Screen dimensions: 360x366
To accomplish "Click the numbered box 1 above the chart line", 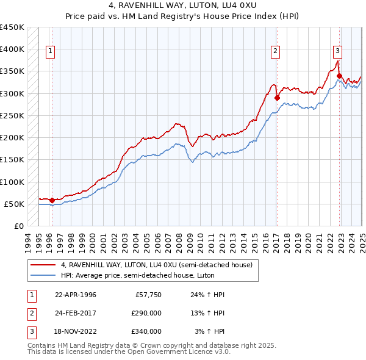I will (49, 51).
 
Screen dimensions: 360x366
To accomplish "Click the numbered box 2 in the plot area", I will (276, 51).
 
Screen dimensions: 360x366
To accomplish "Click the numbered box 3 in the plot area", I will (337, 51).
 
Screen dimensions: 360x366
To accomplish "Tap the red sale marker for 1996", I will (52, 200).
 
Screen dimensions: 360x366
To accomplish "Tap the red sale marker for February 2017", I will (277, 98).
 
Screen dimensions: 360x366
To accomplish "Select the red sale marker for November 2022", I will (339, 76).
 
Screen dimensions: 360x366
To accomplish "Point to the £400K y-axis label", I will (12, 49).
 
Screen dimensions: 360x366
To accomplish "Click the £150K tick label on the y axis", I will (12, 159).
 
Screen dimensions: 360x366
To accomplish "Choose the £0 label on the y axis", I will (18, 226).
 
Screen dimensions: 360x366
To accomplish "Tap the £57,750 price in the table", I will (146, 295).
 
